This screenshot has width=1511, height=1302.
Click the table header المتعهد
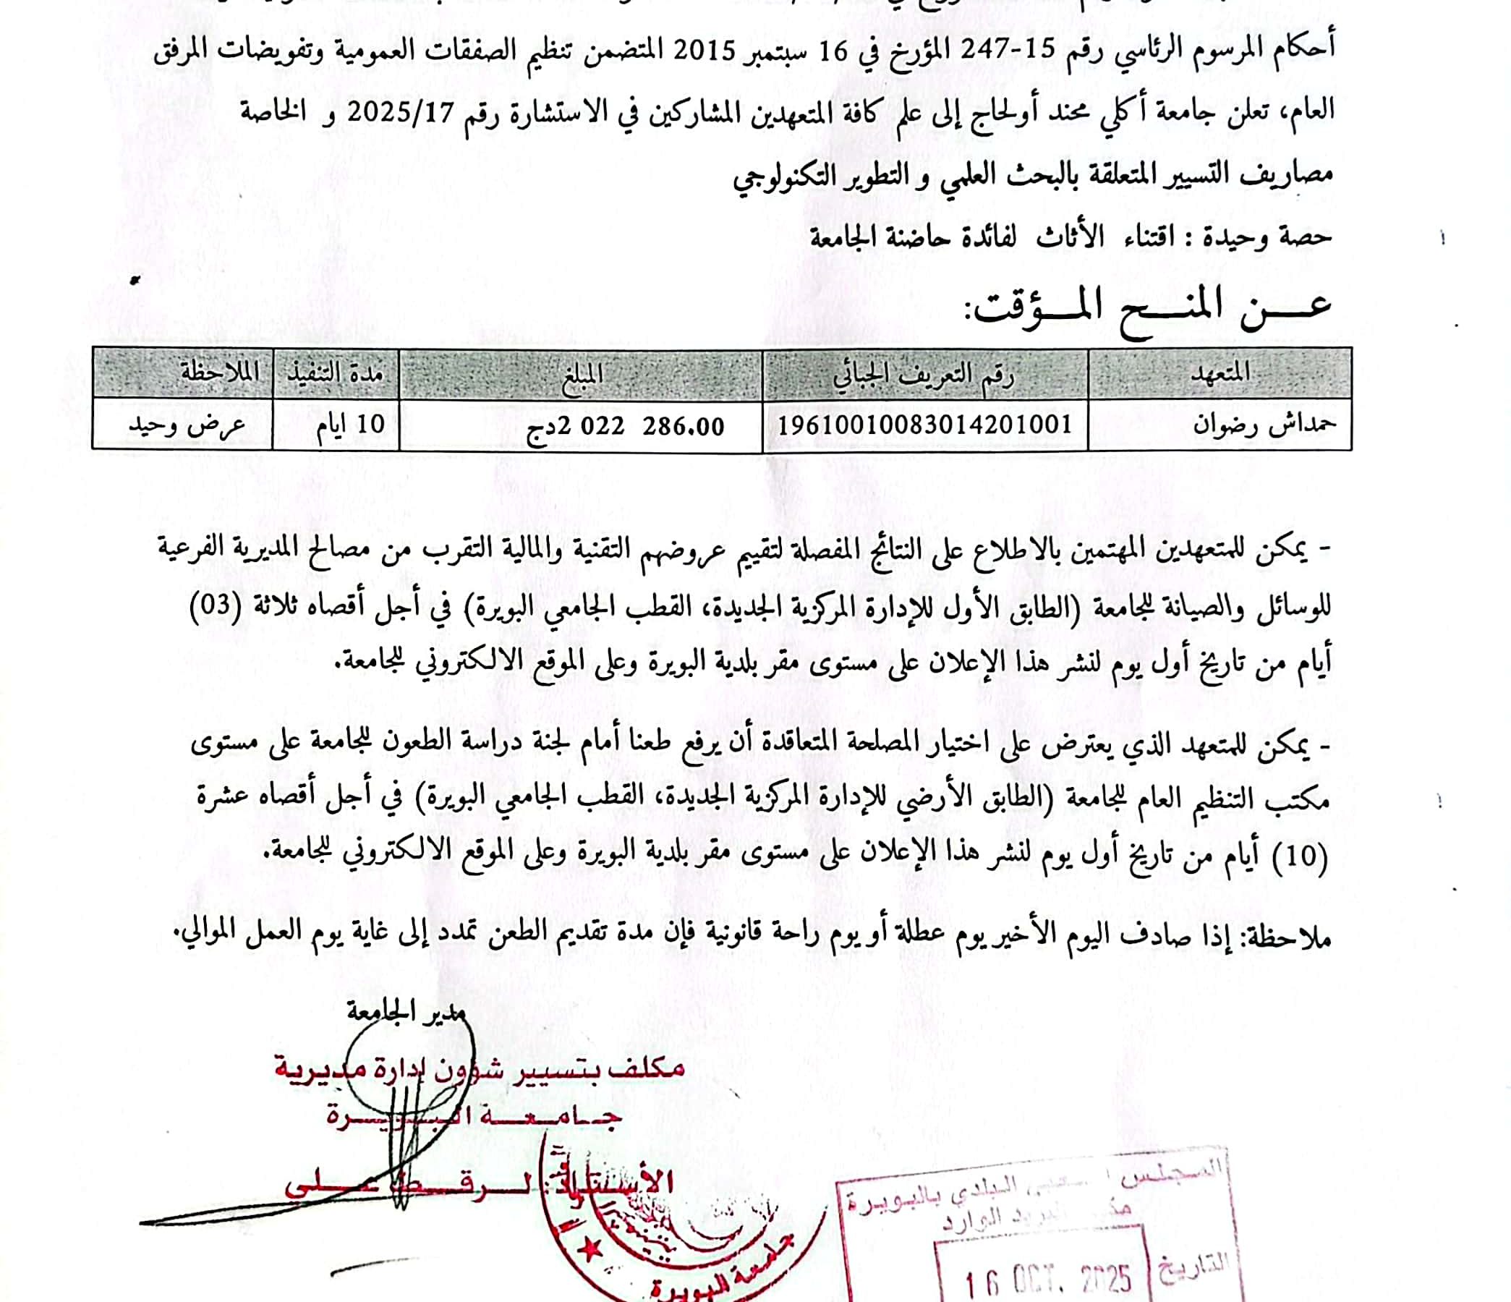click(x=1220, y=373)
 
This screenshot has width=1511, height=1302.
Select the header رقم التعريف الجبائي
click(x=924, y=374)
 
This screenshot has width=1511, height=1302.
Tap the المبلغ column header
click(x=582, y=373)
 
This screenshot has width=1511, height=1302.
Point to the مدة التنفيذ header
click(x=336, y=373)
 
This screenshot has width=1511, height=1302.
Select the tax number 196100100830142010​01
click(x=924, y=425)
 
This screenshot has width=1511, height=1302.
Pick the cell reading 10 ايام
click(x=351, y=425)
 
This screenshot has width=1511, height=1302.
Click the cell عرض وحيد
click(x=187, y=425)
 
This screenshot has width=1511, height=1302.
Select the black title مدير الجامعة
click(x=406, y=1013)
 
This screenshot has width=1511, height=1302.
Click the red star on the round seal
click(x=589, y=1248)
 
